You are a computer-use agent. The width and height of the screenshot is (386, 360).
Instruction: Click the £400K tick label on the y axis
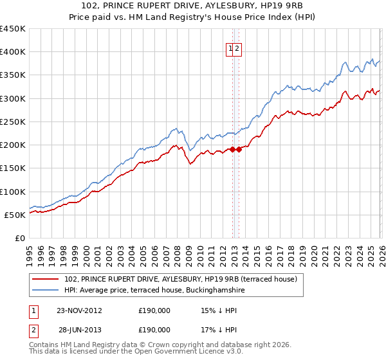13,52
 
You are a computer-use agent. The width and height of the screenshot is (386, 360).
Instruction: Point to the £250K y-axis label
13,122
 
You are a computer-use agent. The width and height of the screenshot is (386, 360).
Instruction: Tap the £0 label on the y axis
20,238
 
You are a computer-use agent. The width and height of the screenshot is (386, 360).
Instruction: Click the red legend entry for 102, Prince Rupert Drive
181,279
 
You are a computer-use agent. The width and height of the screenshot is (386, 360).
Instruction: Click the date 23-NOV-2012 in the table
79,310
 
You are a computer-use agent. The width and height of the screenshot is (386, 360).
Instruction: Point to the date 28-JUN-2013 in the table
79,329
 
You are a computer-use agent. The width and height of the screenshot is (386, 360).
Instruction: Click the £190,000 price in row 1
154,310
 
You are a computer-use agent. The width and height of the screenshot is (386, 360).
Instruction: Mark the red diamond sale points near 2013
235,149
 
